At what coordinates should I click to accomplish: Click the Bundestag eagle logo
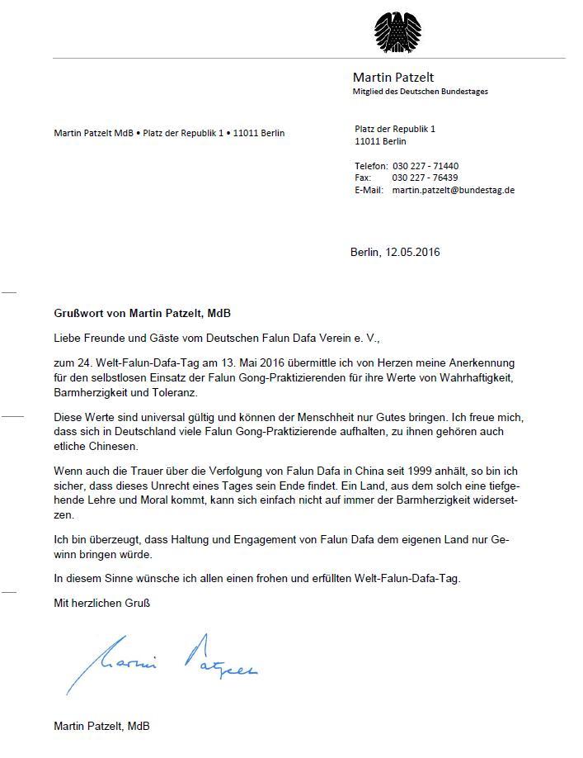pos(398,31)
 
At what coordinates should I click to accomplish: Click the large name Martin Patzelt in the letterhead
pos(393,78)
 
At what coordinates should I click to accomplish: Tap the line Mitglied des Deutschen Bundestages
pos(421,92)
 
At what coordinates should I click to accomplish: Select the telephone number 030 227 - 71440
pos(425,166)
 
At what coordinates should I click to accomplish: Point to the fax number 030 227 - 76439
pos(425,178)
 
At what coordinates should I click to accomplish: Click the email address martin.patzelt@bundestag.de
pos(454,190)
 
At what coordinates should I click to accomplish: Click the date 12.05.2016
pos(412,252)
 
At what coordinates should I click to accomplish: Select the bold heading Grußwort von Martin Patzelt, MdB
pos(143,315)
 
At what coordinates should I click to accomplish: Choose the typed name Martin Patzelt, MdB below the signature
pos(101,726)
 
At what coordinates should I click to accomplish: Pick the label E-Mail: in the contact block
pos(369,190)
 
